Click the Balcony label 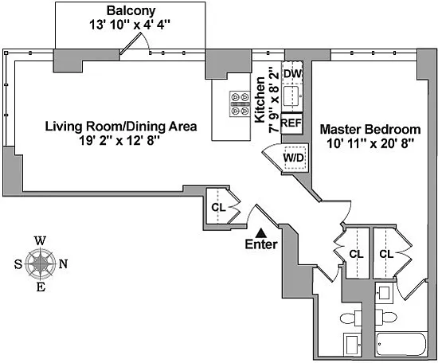pos(131,11)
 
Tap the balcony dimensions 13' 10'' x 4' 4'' pos(130,25)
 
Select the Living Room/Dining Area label pos(121,127)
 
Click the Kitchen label pos(260,100)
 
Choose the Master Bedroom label pos(370,129)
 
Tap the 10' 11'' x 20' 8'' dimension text pos(370,144)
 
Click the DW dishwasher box pos(292,73)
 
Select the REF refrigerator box pos(291,123)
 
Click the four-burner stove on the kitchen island pos(240,103)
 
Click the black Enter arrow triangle pos(261,233)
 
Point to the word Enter pos(261,244)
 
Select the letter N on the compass pos(63,263)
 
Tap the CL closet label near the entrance pos(218,208)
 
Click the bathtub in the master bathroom pos(401,344)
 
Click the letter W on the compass pos(41,240)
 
